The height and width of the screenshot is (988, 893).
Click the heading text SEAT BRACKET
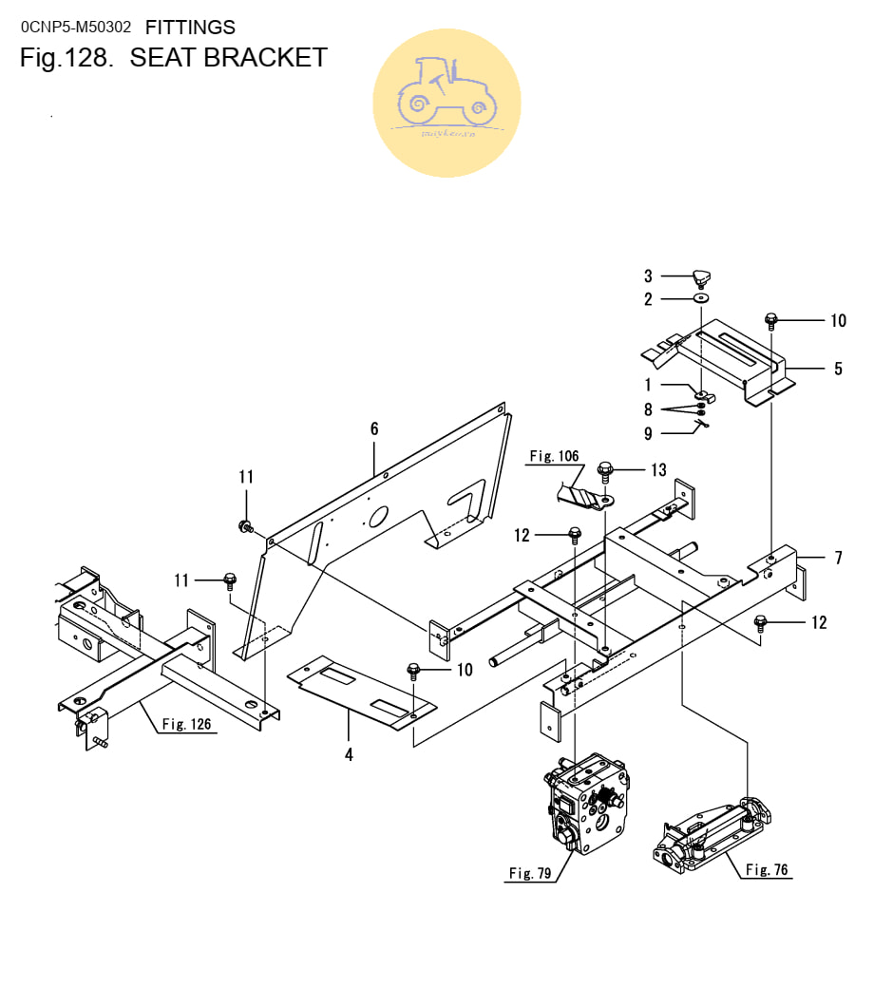pos(228,58)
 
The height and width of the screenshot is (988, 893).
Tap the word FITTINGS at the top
pos(190,28)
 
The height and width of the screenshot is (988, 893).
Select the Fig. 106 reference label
pos(554,457)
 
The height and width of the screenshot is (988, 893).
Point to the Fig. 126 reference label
pos(186,725)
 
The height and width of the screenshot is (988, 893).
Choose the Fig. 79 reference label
pos(530,873)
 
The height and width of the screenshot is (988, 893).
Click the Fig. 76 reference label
pos(767,869)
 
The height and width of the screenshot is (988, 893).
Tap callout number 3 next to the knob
pos(648,276)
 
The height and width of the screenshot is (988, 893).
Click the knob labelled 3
pos(701,278)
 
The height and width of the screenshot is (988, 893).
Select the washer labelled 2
pos(701,299)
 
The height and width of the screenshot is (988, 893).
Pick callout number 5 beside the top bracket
pos(837,369)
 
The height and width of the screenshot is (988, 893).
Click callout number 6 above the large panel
pos(374,429)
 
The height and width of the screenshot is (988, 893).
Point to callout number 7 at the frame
pos(838,559)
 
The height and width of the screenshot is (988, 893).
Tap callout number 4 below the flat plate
pos(349,755)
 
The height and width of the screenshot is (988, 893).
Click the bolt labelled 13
pos(605,469)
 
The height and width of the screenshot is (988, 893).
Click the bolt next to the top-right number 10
pos(770,321)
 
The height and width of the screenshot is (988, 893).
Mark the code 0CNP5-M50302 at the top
pos(76,28)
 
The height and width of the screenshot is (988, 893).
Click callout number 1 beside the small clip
pos(648,385)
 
